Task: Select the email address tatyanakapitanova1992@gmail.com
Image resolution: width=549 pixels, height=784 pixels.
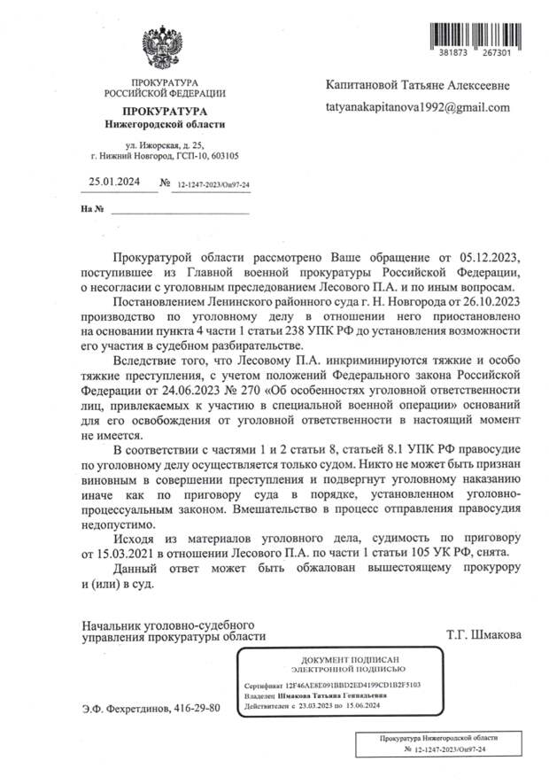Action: coord(418,107)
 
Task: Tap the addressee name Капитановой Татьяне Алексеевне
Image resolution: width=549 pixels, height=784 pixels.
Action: coord(419,85)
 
